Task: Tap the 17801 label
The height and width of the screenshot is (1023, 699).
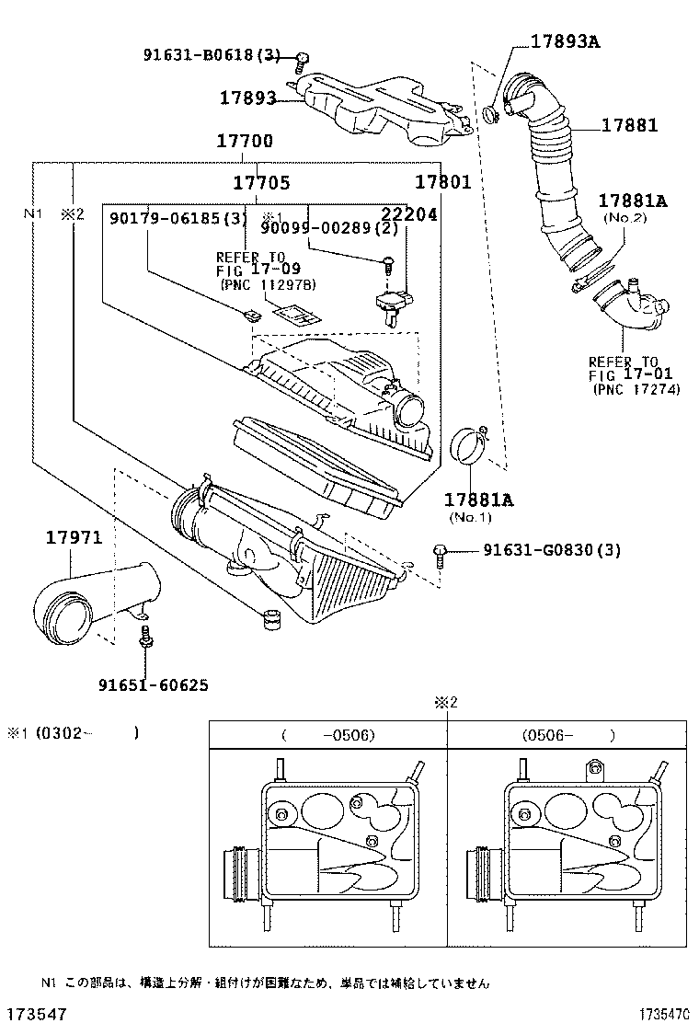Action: pyautogui.click(x=442, y=182)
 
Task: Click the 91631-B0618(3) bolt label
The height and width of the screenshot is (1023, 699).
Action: pyautogui.click(x=211, y=54)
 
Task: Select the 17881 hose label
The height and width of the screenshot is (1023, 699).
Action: pyautogui.click(x=630, y=125)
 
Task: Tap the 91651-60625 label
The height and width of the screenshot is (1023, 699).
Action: pyautogui.click(x=153, y=684)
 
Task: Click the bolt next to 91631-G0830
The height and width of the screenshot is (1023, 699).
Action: pyautogui.click(x=441, y=555)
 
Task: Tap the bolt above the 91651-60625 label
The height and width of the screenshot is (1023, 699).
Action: pyautogui.click(x=144, y=638)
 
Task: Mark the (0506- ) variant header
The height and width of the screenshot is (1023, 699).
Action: pyautogui.click(x=567, y=735)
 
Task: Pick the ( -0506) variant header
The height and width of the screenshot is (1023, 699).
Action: pyautogui.click(x=328, y=735)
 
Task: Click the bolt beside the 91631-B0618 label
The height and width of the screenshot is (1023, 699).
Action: pyautogui.click(x=301, y=62)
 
